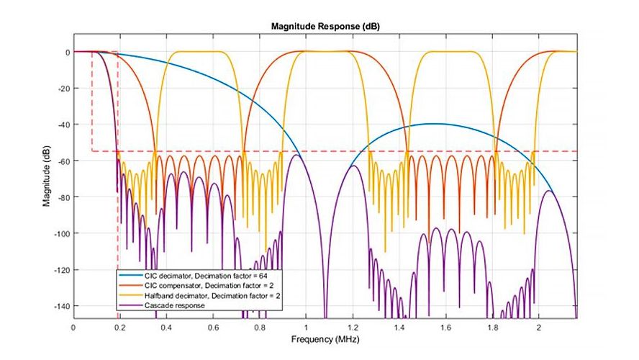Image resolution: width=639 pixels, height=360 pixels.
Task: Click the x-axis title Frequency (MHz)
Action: coord(324,338)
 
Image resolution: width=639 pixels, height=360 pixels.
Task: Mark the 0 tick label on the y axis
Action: coord(66,53)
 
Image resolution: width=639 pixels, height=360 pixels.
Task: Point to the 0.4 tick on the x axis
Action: coord(166,327)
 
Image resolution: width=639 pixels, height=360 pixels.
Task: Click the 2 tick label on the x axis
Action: coord(539,327)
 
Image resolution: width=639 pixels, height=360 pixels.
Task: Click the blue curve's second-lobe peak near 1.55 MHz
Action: coord(435,124)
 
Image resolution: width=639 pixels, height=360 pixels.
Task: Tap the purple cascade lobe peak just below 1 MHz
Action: coord(294,155)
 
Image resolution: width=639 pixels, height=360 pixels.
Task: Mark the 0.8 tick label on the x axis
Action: coord(260,327)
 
